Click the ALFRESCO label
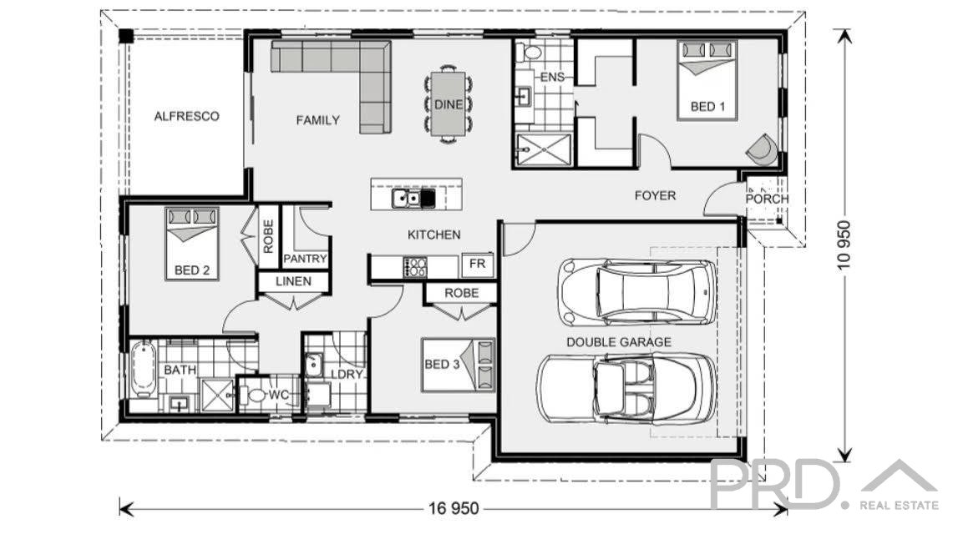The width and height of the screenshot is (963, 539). pos(186,116)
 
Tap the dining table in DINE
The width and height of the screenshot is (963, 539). pos(449,103)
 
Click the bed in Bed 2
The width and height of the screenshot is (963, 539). pos(192,244)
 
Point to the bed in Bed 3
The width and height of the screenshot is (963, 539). pos(458,365)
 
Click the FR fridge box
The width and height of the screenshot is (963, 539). pos(478,264)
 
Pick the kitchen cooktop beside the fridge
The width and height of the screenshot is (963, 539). pos(416,267)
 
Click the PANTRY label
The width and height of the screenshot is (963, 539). pos(305,259)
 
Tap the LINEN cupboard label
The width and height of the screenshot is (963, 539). pos(293,281)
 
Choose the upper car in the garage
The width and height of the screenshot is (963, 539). pos(638,292)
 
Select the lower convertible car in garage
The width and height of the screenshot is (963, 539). pos(626,388)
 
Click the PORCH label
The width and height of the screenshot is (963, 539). pos(766,199)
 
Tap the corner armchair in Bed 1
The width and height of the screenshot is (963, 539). pos(762,149)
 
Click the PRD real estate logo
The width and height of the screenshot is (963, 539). pos(823,486)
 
